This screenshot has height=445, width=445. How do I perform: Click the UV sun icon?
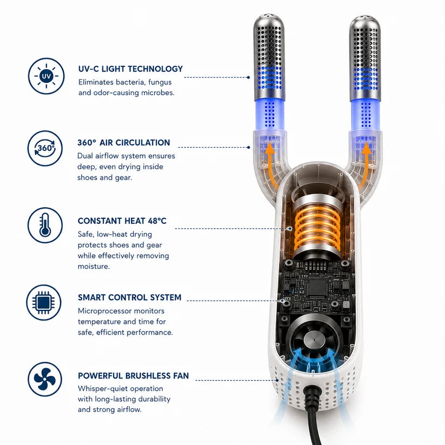(x=47, y=76)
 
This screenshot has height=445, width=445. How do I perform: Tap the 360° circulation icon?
(x=45, y=148)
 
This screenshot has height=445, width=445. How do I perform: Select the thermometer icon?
(x=45, y=225)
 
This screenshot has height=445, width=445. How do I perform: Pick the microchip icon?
(x=44, y=303)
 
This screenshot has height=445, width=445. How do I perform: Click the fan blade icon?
(x=45, y=379)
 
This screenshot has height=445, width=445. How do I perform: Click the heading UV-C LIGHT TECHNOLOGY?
(x=130, y=69)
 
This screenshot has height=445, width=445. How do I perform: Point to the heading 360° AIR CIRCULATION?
(x=124, y=142)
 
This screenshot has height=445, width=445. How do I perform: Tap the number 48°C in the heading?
(x=157, y=221)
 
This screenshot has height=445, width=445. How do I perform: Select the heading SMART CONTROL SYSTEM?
(x=129, y=297)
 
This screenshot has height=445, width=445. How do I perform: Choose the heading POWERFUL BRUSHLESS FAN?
(x=134, y=376)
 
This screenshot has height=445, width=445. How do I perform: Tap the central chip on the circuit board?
(x=317, y=289)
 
